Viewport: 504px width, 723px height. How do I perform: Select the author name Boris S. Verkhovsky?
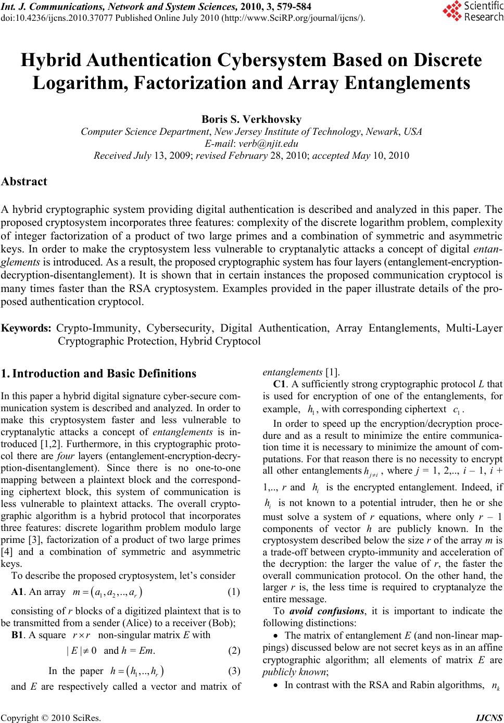pos(251,120)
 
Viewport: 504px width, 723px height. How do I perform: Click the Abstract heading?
pos(24,182)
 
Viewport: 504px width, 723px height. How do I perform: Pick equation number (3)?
pos(234,671)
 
